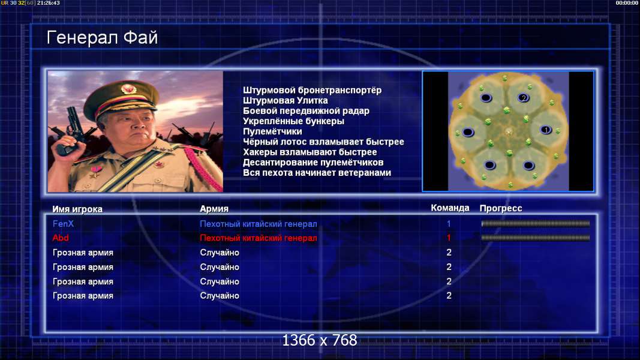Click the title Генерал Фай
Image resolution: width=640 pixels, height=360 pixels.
(102, 38)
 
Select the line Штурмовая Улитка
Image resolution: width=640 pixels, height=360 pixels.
(286, 100)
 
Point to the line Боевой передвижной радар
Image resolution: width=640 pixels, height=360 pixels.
(306, 111)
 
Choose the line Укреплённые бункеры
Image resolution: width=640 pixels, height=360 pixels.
(293, 121)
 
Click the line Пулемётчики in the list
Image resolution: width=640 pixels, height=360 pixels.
(272, 131)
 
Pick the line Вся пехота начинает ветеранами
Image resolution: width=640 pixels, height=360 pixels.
(317, 173)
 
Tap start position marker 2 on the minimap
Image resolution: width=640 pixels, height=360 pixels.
(523, 98)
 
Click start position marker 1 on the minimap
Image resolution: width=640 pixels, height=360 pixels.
(546, 130)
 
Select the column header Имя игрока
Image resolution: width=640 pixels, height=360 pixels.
(77, 209)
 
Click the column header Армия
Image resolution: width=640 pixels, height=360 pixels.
(214, 209)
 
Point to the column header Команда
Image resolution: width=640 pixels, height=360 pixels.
(450, 208)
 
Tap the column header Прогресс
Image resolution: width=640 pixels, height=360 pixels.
(501, 208)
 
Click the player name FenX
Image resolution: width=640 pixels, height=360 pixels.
(63, 224)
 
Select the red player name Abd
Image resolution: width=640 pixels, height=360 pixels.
(61, 238)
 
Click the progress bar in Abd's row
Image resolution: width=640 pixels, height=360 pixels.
(536, 238)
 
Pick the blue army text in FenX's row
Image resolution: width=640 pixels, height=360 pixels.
(259, 224)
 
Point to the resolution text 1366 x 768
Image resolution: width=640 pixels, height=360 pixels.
(320, 340)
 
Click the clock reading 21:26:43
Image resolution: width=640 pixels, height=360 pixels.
(49, 3)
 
